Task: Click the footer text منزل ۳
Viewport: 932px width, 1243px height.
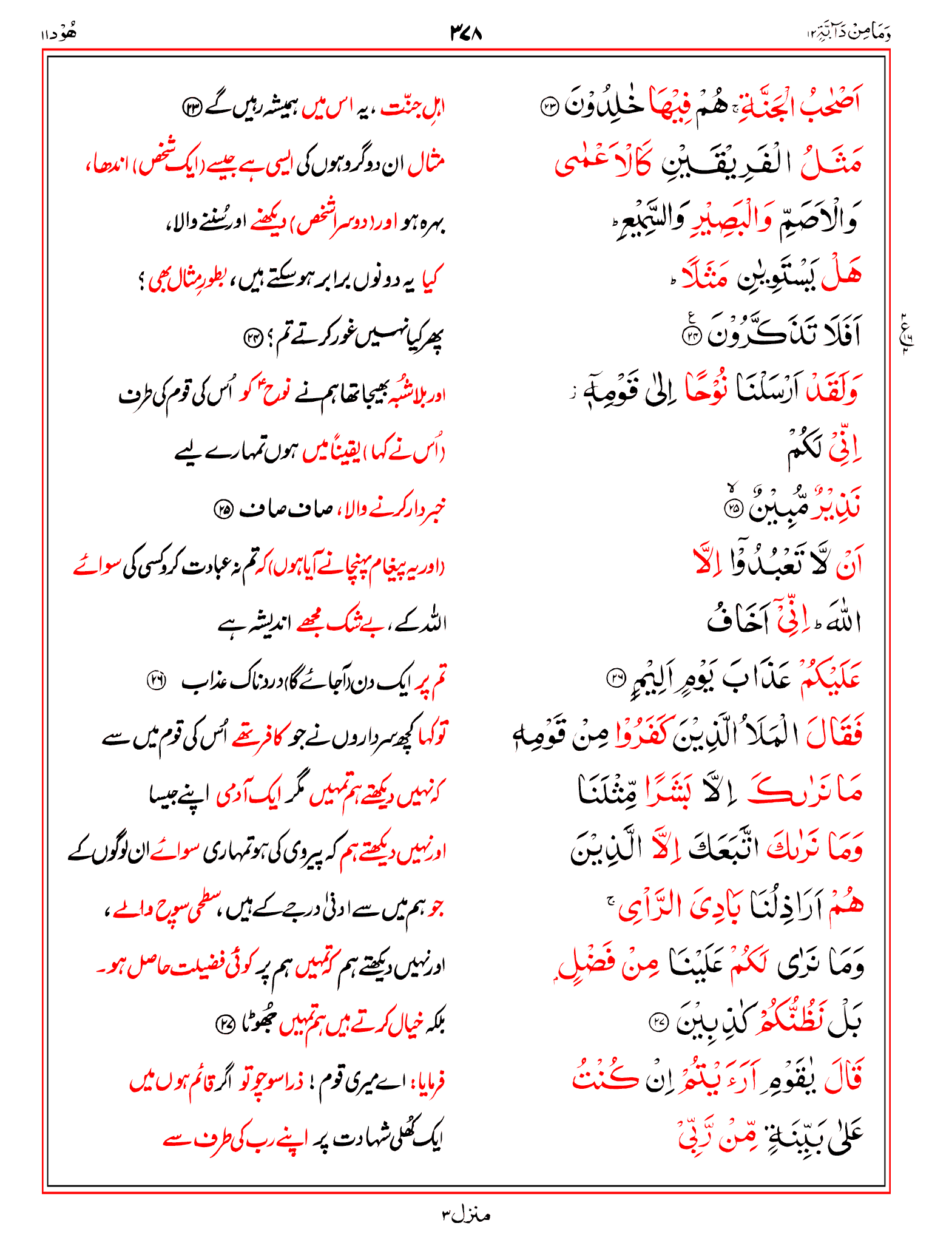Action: point(465,1215)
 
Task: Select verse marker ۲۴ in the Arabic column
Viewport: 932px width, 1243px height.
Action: point(692,336)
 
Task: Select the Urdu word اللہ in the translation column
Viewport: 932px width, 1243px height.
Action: point(432,623)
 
